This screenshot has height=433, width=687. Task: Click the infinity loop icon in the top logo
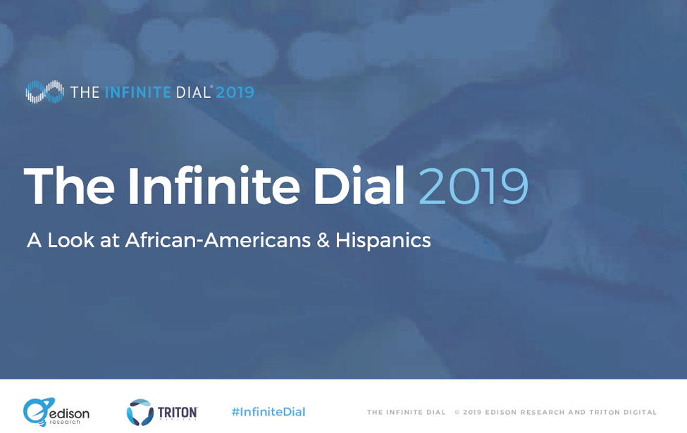coord(44,92)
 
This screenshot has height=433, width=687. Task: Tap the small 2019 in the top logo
coord(235,92)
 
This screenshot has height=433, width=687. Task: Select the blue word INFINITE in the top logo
coord(138,92)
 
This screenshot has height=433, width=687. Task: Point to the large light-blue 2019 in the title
coord(474,186)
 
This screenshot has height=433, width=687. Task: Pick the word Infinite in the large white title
coord(213,185)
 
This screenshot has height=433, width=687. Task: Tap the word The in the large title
coord(69,185)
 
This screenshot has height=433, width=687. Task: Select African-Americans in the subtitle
coord(218,240)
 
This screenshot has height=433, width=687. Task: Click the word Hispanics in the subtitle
coord(383,240)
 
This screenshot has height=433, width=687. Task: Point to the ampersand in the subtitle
coord(323,240)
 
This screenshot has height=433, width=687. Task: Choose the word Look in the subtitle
coord(70,240)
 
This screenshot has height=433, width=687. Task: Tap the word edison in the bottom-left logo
coord(69,413)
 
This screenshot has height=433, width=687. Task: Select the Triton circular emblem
coord(140,412)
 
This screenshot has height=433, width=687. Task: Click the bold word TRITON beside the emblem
coord(178,413)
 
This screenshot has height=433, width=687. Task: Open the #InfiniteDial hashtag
coord(268,412)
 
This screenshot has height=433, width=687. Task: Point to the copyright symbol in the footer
coord(457,413)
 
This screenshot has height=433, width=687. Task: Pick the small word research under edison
coord(65,422)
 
